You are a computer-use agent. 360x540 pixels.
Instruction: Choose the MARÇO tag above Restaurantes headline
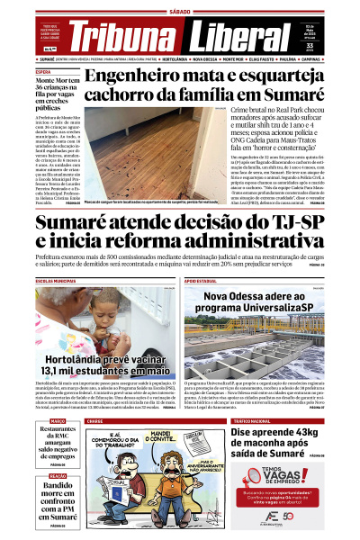[58, 420]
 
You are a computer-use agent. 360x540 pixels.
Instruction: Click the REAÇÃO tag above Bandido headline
[58, 475]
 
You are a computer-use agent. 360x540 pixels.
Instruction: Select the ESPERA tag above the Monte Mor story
[42, 71]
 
